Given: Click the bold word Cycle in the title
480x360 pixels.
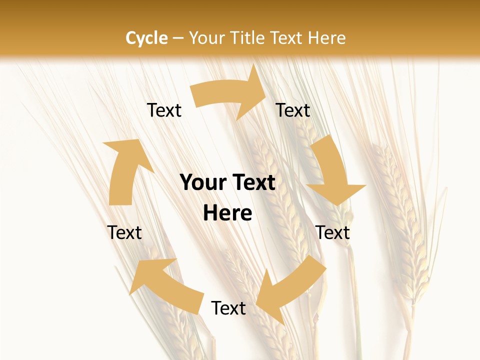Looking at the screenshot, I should (x=146, y=38).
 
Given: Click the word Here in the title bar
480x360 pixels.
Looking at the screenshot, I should (x=326, y=38).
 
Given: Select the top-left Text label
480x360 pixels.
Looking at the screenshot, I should (x=164, y=110).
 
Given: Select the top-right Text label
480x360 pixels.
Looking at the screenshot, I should (x=293, y=110).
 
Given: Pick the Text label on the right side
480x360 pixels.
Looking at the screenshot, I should (x=333, y=232).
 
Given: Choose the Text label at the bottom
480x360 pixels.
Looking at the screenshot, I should (x=228, y=308).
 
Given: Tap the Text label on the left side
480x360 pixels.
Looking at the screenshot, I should (x=124, y=232).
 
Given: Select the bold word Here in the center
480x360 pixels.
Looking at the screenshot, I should (x=227, y=213).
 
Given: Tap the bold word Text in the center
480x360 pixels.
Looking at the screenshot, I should (x=252, y=182).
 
